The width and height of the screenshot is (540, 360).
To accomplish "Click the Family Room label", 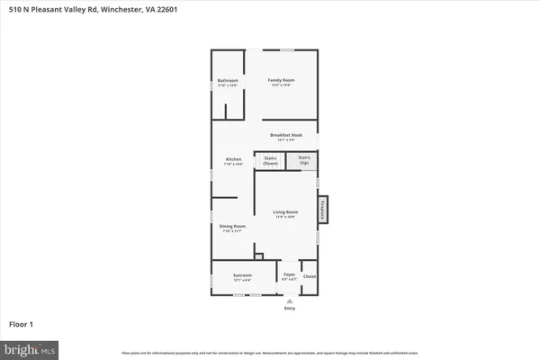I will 282,81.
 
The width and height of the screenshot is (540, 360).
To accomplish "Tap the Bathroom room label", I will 228,83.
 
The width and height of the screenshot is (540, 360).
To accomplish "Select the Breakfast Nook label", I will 285,136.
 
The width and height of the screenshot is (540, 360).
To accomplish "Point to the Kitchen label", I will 233,161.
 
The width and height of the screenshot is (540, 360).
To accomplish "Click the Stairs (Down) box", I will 269,160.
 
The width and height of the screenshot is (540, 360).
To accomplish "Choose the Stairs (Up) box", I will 304,160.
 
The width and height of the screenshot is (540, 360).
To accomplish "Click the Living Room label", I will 285,213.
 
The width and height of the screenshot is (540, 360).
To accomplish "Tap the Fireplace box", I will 323,209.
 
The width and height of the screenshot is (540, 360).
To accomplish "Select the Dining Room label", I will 233,228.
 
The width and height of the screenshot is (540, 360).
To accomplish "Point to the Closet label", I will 309,276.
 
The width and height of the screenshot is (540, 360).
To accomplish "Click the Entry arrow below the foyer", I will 289,301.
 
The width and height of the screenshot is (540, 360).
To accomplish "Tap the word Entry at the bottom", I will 289,309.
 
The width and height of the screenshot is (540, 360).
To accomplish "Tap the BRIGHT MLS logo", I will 31,347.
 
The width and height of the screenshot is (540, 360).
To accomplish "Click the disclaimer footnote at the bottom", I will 270,353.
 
